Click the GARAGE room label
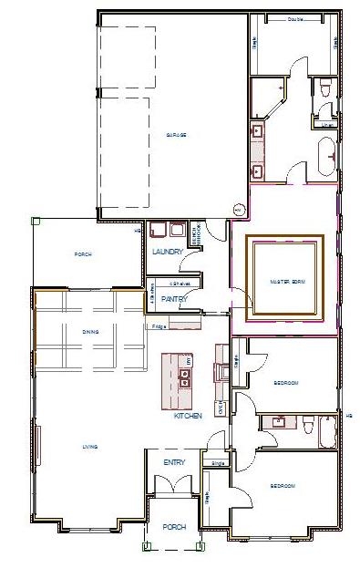click(x=177, y=135)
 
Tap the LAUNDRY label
click(x=169, y=252)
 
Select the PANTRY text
click(x=173, y=298)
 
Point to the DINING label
click(x=90, y=332)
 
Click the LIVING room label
click(x=90, y=446)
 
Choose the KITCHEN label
click(x=188, y=416)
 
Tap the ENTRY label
click(x=174, y=462)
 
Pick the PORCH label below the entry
click(x=173, y=527)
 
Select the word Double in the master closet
click(x=295, y=19)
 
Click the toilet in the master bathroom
click(x=325, y=88)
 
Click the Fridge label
click(x=159, y=325)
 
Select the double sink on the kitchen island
click(x=185, y=377)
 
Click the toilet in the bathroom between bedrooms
click(x=305, y=426)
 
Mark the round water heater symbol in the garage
click(x=239, y=210)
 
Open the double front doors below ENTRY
click(x=173, y=498)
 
